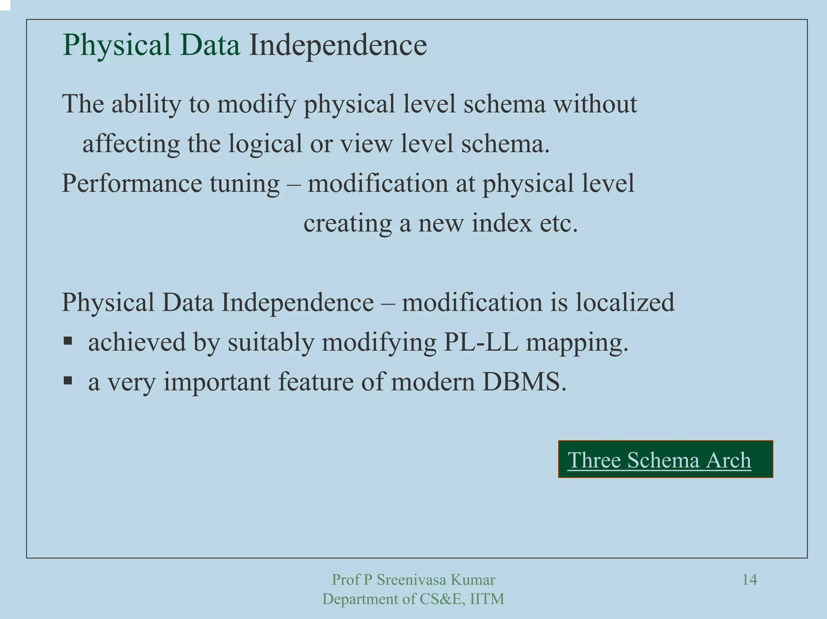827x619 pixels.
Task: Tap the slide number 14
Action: [x=749, y=580]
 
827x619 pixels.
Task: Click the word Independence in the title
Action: [x=338, y=45]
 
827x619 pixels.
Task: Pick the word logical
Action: [x=265, y=144]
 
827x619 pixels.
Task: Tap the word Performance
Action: [x=132, y=184]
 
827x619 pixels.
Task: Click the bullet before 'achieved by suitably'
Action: [x=67, y=341]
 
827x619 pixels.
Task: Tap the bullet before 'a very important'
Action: [x=67, y=381]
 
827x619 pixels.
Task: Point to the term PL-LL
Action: [x=480, y=342]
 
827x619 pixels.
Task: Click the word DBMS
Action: [x=524, y=381]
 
